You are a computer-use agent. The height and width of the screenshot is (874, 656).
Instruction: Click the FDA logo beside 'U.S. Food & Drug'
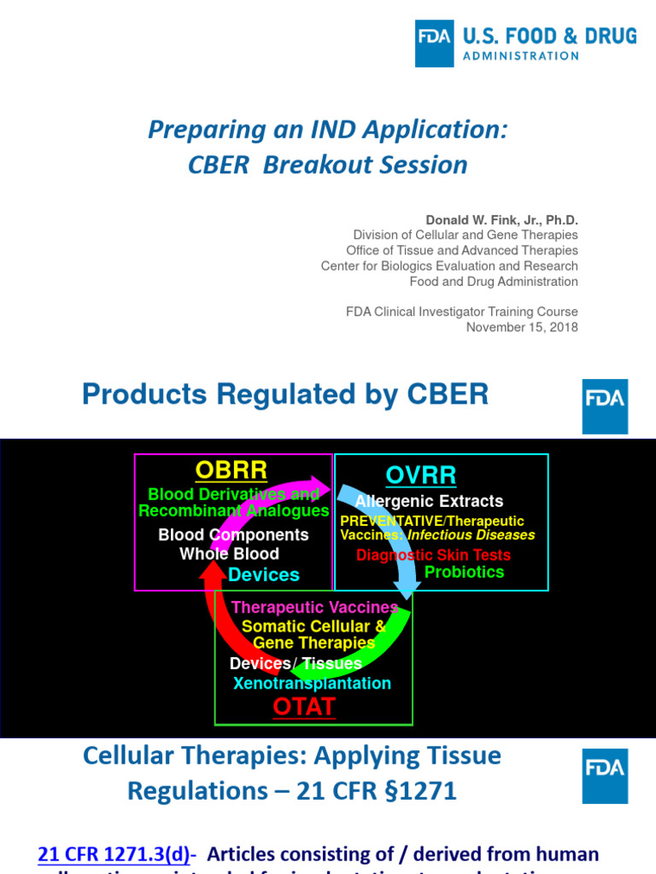(434, 44)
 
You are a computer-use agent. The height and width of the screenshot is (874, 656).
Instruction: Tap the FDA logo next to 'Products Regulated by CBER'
(605, 406)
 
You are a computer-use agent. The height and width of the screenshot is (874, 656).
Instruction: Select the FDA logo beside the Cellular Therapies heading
(605, 776)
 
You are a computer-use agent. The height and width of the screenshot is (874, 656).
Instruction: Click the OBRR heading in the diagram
(231, 470)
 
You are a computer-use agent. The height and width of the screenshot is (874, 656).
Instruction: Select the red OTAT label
(304, 706)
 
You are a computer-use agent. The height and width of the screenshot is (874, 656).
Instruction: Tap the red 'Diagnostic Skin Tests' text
(433, 555)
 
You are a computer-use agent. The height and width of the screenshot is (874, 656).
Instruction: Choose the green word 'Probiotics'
(464, 572)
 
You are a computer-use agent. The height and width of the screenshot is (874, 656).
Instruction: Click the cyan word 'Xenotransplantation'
(312, 684)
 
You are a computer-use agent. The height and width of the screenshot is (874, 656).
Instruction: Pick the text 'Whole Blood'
(229, 554)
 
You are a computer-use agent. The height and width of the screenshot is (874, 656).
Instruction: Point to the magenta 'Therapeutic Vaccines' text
(314, 608)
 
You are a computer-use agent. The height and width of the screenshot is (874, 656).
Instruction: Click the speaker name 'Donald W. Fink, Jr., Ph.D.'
(501, 220)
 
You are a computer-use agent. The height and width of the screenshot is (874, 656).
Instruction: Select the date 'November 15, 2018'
(521, 327)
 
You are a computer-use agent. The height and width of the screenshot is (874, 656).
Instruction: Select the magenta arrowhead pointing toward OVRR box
(320, 486)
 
